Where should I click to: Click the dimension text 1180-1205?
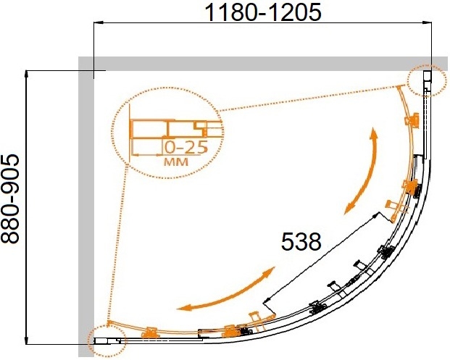click(x=263, y=13)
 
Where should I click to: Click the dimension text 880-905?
click(x=10, y=198)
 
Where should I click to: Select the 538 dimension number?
click(x=301, y=241)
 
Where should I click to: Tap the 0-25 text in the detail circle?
click(x=186, y=148)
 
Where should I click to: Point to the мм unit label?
click(x=176, y=162)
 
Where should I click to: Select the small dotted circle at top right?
click(x=428, y=80)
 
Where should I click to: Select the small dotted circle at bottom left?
click(x=107, y=340)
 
